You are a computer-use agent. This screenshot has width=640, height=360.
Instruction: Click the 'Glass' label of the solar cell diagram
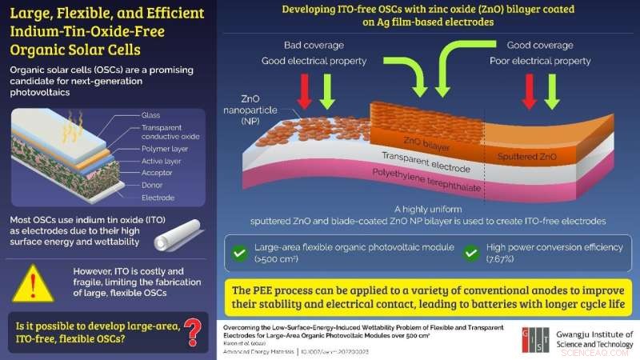[150, 115]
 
